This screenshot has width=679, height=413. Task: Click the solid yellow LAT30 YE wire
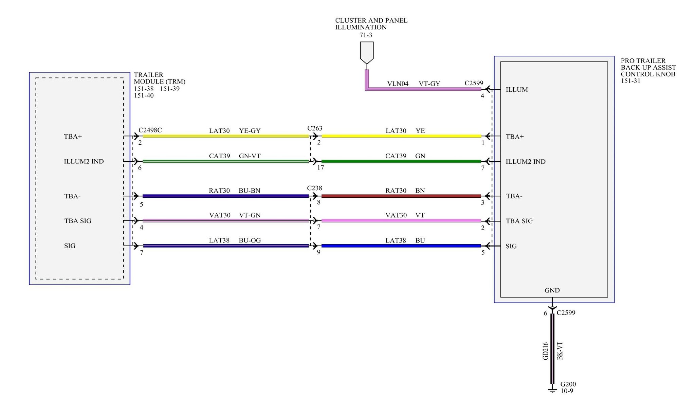401,136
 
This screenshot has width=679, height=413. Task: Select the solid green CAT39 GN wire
401,161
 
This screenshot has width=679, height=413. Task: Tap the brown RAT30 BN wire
401,196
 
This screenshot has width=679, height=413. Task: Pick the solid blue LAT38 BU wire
401,246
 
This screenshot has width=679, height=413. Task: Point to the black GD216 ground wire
552,348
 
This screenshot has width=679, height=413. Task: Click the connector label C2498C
150,130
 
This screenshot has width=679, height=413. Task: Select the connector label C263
315,128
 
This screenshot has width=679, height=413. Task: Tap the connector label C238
314,188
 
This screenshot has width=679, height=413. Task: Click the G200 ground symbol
552,390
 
